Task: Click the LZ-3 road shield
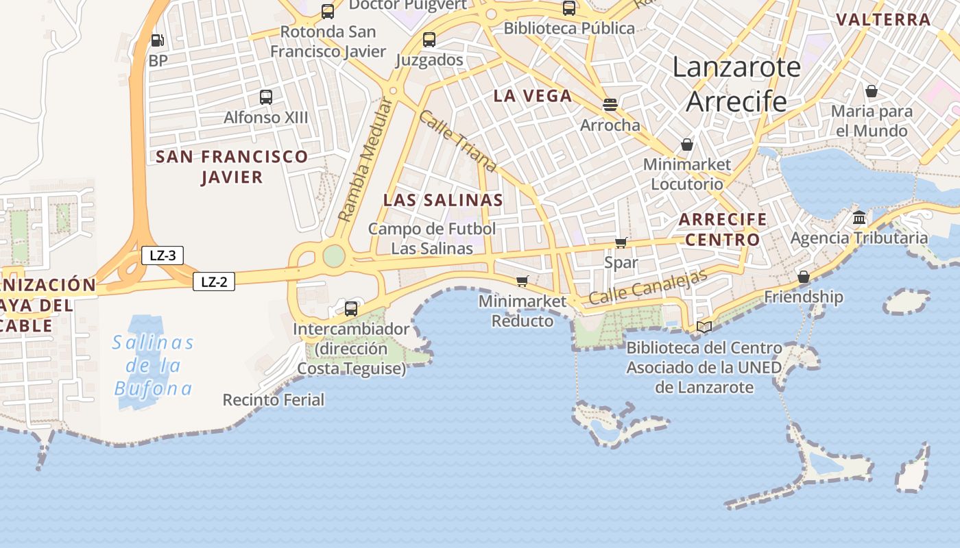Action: point(163,256)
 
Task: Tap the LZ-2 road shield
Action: point(214,282)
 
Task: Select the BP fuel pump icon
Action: point(157,40)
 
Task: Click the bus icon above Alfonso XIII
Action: point(266,97)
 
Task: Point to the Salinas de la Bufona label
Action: point(153,365)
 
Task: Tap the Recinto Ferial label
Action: point(273,399)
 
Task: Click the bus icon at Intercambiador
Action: point(351,308)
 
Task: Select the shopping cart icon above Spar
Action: point(621,242)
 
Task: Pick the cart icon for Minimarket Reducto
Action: point(523,281)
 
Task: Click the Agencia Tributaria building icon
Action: point(859,218)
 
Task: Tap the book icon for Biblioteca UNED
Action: point(704,327)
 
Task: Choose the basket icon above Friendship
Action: point(804,277)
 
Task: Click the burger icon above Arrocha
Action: point(610,105)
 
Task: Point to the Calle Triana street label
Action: point(457,140)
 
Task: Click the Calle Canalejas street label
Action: point(647,287)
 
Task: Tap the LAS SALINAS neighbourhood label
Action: point(443,200)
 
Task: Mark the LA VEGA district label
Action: point(533,96)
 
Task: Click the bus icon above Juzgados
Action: point(429,40)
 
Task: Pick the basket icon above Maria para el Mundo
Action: point(872,91)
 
